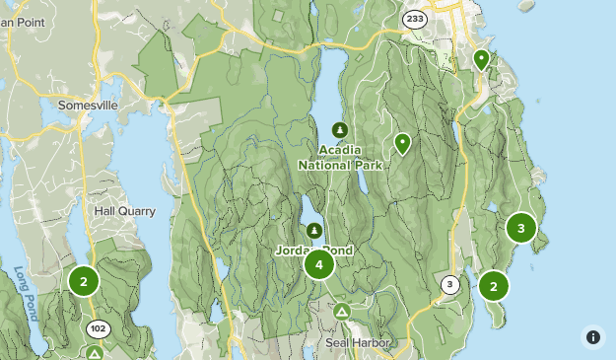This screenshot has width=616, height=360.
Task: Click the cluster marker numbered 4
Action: point(318,264)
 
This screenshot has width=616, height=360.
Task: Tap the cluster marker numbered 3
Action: point(520,228)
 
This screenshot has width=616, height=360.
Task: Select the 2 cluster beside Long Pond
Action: point(84,281)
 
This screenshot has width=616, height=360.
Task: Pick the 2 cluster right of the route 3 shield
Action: point(493,286)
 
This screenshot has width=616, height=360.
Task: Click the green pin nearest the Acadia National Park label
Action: point(402,144)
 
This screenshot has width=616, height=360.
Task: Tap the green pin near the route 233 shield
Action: point(481,60)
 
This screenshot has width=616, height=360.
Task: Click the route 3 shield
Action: point(450,285)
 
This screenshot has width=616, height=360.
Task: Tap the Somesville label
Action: point(88,105)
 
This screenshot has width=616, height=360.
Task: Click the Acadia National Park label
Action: point(341,158)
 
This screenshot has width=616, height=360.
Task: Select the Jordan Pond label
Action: point(315,251)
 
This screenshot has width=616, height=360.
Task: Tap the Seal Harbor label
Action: point(358,343)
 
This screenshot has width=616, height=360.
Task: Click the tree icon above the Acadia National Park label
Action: point(340,130)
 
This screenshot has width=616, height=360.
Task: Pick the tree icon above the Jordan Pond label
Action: point(314,231)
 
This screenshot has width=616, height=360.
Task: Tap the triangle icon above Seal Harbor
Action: point(342,312)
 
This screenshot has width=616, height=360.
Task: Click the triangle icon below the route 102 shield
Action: point(95,352)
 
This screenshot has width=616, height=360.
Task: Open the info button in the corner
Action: point(593,337)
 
